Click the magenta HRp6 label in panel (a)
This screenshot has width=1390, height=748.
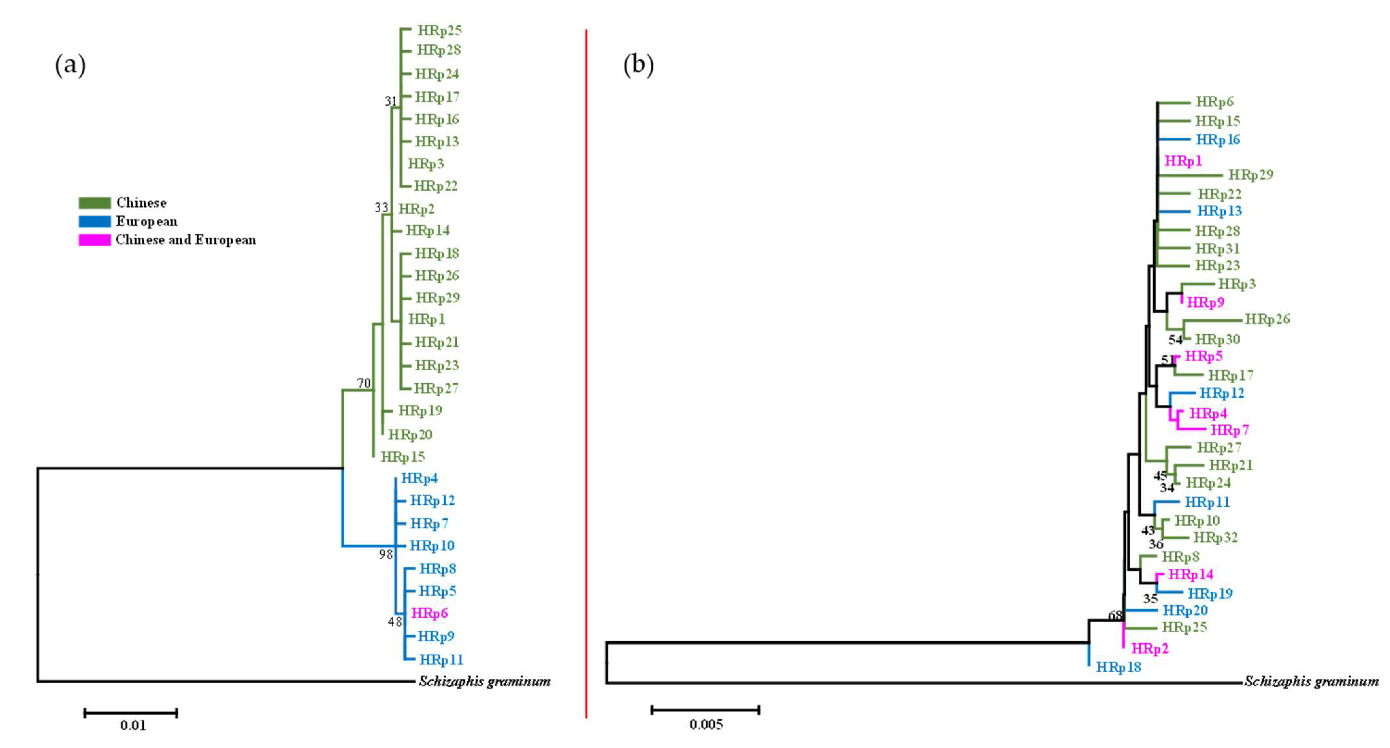pos(430,613)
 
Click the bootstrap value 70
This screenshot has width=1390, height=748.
pos(364,383)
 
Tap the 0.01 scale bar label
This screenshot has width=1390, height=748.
pos(133,725)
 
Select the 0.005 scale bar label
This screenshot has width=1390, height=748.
pos(706,724)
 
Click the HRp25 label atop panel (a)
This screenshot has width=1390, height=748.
pos(440,30)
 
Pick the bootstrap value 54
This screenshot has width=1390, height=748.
pos(1175,340)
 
